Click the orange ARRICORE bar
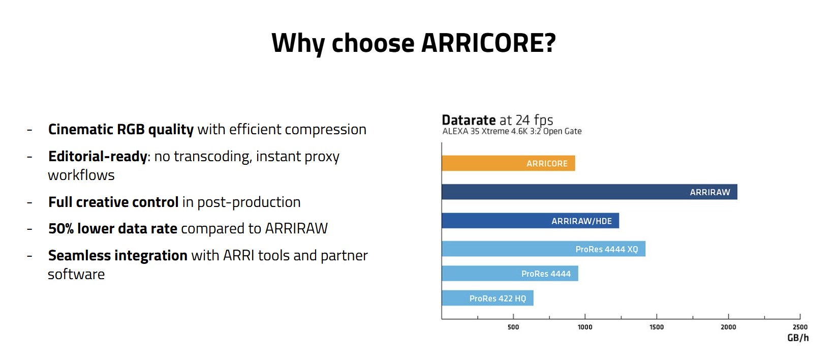(x=508, y=163)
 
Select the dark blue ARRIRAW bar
(x=590, y=192)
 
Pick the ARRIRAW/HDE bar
(x=531, y=221)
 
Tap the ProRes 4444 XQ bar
(x=543, y=249)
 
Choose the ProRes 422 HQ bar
(x=487, y=298)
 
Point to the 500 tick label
(x=513, y=327)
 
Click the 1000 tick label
(x=585, y=327)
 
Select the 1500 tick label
(x=657, y=327)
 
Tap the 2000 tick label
(x=728, y=327)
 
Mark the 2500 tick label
(x=800, y=327)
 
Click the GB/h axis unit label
(x=798, y=338)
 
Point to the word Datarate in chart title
(x=469, y=120)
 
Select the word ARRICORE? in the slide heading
(x=488, y=43)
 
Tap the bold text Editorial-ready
(x=98, y=157)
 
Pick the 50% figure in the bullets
(x=61, y=228)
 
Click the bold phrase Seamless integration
(x=117, y=256)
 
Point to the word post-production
(x=249, y=202)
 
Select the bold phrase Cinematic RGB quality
(x=121, y=130)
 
